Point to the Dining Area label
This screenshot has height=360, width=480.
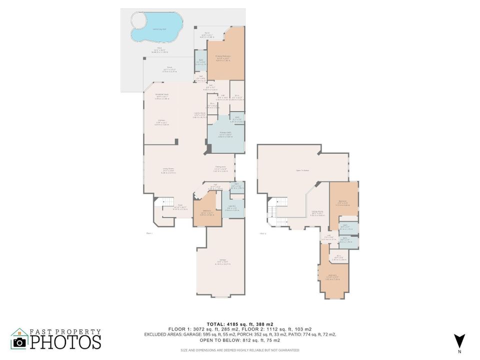point(220,167)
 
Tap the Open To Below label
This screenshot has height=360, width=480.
point(303,170)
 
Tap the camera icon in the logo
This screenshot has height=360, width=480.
point(19,342)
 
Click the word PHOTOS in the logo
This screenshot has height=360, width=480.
point(65,342)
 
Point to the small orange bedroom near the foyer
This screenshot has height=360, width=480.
point(205,212)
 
